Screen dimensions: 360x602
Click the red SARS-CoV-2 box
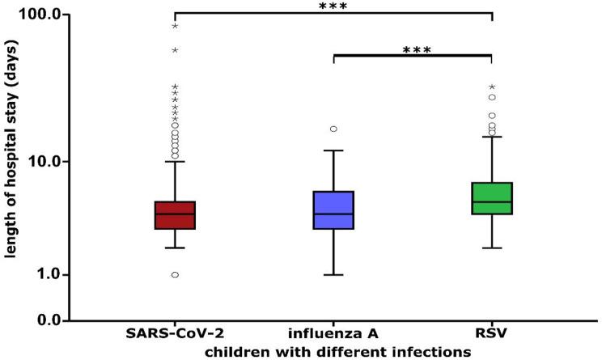[175, 215]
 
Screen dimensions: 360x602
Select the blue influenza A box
[333, 210]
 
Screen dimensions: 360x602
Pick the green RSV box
[492, 198]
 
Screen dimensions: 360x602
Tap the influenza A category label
[333, 334]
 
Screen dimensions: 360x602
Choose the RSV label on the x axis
[492, 334]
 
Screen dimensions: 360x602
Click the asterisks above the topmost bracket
[333, 6]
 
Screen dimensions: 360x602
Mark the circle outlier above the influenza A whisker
[333, 129]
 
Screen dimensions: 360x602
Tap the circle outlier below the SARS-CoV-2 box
[175, 275]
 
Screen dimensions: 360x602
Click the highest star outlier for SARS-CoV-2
[175, 27]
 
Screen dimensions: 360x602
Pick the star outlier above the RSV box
[492, 87]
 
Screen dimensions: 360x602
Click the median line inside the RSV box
[492, 201]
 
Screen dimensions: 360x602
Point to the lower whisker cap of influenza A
[333, 275]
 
